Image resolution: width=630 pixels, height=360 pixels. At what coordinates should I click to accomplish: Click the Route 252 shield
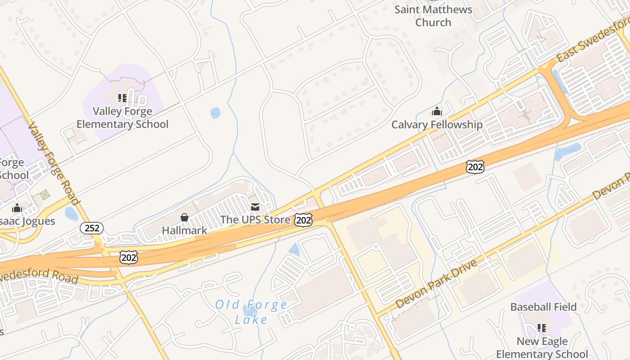[92, 228]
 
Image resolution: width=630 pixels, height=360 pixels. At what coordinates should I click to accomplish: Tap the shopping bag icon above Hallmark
[184, 217]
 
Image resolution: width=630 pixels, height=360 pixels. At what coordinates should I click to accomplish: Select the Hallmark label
[184, 230]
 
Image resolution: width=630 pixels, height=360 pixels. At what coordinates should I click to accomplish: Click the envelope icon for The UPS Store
[255, 207]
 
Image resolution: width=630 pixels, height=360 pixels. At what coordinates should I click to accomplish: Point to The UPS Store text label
[255, 220]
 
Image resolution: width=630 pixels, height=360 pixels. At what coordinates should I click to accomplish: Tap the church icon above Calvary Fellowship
[436, 111]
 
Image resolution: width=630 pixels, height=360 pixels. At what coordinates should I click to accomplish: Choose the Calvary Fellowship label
[436, 125]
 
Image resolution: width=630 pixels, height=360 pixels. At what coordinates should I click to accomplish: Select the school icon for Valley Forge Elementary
[122, 98]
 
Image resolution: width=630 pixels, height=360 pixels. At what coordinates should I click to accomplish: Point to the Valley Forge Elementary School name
[122, 117]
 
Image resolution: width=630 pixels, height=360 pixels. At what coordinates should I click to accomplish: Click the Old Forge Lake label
[252, 312]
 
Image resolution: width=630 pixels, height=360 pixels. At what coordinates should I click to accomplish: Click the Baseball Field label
[543, 307]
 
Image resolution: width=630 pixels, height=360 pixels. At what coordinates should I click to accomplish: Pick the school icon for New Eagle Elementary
[542, 328]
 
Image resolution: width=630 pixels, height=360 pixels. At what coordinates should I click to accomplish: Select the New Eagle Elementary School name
[542, 348]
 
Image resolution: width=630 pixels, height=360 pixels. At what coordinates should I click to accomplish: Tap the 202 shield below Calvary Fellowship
[475, 167]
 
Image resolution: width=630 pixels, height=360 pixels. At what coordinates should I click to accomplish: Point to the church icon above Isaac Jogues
[17, 208]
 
